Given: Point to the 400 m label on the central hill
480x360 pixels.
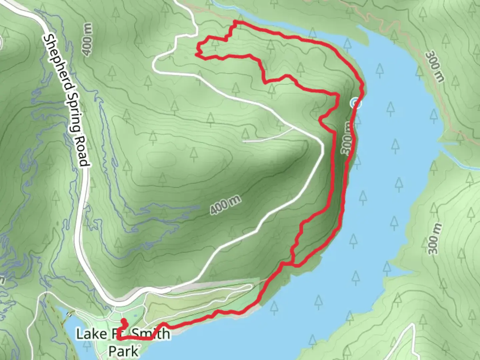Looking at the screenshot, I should tap(226, 204).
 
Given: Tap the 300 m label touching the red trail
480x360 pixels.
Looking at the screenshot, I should tap(347, 138).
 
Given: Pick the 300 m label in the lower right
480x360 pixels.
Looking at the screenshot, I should tap(435, 239).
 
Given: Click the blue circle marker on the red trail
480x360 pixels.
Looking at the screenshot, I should tap(355, 103).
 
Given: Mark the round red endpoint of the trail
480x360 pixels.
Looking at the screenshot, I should tap(124, 321).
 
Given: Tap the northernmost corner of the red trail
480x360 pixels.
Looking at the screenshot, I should tap(235, 22).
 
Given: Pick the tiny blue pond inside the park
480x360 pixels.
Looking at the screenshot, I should tap(135, 315).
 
